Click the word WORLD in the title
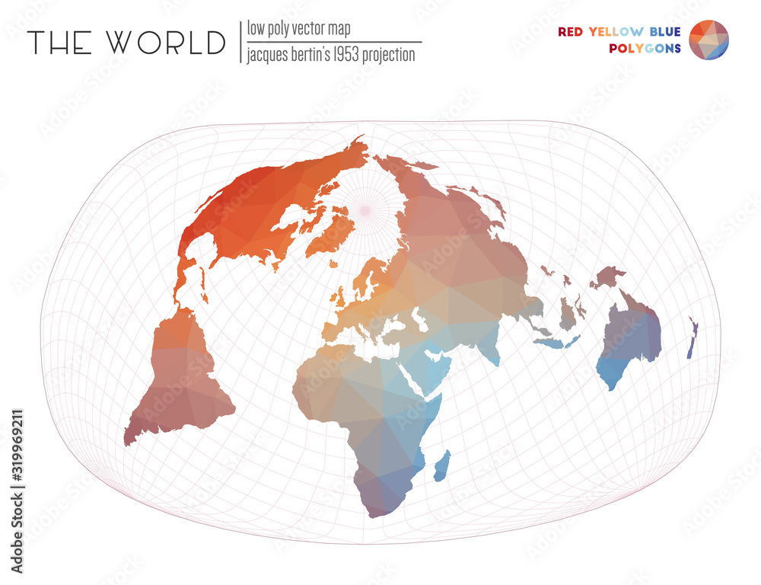[167, 43]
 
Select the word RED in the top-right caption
[571, 32]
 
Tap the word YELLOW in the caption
[616, 32]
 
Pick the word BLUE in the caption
[665, 32]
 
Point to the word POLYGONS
[645, 49]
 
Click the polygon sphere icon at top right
[708, 40]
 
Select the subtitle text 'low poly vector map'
[298, 29]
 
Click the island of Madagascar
[442, 465]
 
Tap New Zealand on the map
[692, 339]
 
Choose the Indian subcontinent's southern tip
[495, 361]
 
